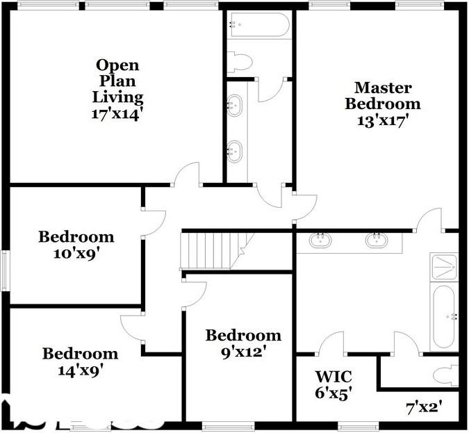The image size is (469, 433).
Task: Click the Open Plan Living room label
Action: pos(117,81)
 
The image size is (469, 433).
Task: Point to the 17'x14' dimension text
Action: pos(117,113)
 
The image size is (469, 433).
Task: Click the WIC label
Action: pos(334,377)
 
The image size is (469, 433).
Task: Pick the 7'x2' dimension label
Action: pos(424,405)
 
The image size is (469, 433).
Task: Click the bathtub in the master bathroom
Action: pos(443,317)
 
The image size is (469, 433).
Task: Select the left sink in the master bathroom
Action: pos(320,240)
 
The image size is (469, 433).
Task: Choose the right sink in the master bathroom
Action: pos(376,240)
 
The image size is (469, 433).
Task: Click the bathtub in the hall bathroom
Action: pos(258,26)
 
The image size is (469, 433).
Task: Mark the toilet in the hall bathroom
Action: pos(240,63)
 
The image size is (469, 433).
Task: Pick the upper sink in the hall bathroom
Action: pos(235,106)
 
